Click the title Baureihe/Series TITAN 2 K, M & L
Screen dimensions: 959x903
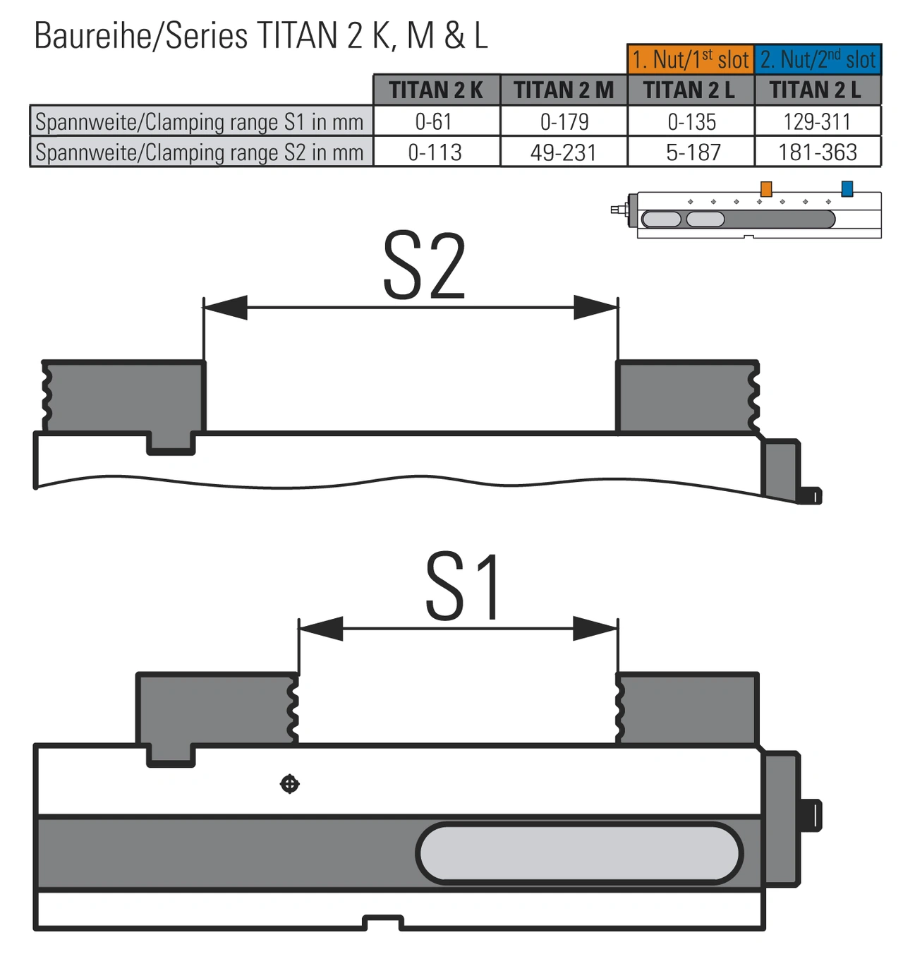coord(261,35)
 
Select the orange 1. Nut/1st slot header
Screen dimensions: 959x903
coord(690,59)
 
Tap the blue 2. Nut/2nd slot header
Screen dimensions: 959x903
coord(818,59)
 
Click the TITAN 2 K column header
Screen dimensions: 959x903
coord(436,90)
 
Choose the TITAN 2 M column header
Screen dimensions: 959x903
coord(564,90)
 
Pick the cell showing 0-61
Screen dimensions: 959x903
coord(434,121)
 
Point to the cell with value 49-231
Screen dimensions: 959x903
coord(564,152)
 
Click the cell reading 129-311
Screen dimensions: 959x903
coord(817,121)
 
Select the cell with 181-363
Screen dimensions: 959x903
coord(817,152)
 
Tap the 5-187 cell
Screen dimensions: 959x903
coord(693,152)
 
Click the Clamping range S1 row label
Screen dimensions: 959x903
coord(200,121)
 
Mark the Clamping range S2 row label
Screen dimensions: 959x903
coord(200,152)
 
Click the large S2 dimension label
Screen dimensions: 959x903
coord(423,267)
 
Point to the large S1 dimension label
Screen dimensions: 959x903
coord(463,587)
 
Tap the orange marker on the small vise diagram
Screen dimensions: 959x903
coord(766,189)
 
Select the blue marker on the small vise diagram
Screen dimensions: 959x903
coord(847,188)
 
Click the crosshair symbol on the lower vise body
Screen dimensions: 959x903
coord(290,784)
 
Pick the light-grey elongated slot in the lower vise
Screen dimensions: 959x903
coord(578,853)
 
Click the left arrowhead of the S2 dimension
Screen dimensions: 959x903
coord(226,307)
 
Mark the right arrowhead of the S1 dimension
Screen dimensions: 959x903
coord(595,628)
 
